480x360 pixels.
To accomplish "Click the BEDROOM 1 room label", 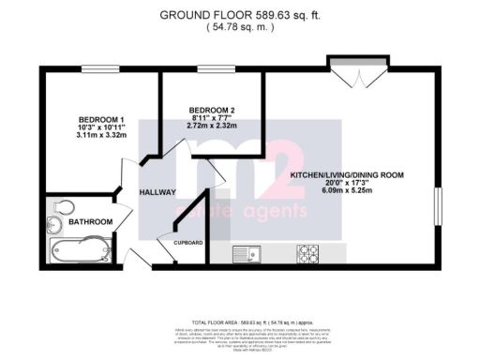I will [102, 119].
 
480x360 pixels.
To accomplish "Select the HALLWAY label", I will [158, 191].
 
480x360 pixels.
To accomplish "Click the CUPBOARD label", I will [187, 242].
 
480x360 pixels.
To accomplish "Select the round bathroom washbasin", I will [52, 226].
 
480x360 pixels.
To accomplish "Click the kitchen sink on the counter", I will [247, 251].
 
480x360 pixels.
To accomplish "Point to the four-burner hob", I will [309, 251].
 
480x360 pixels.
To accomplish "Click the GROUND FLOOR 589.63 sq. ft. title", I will [239, 14].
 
